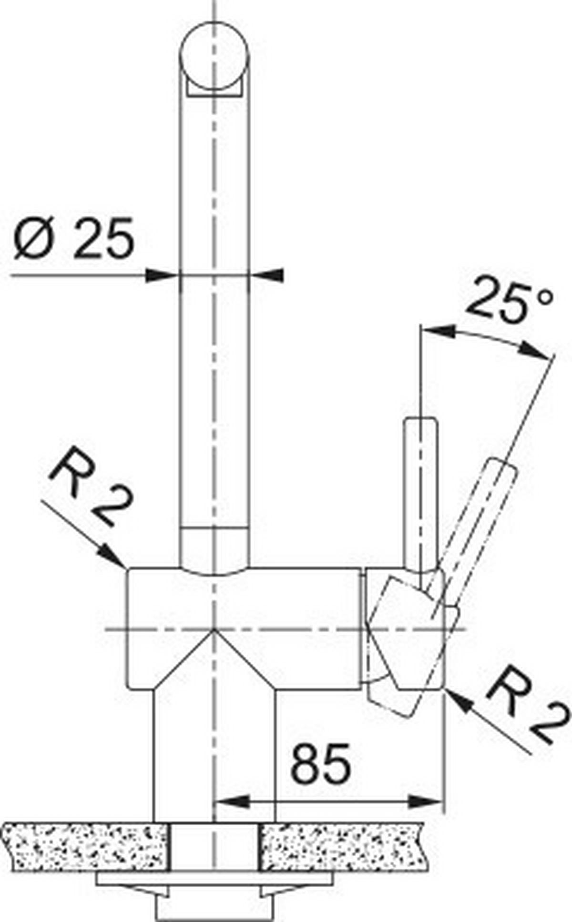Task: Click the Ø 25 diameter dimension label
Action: [x=74, y=238]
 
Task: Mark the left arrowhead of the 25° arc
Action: [x=436, y=330]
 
